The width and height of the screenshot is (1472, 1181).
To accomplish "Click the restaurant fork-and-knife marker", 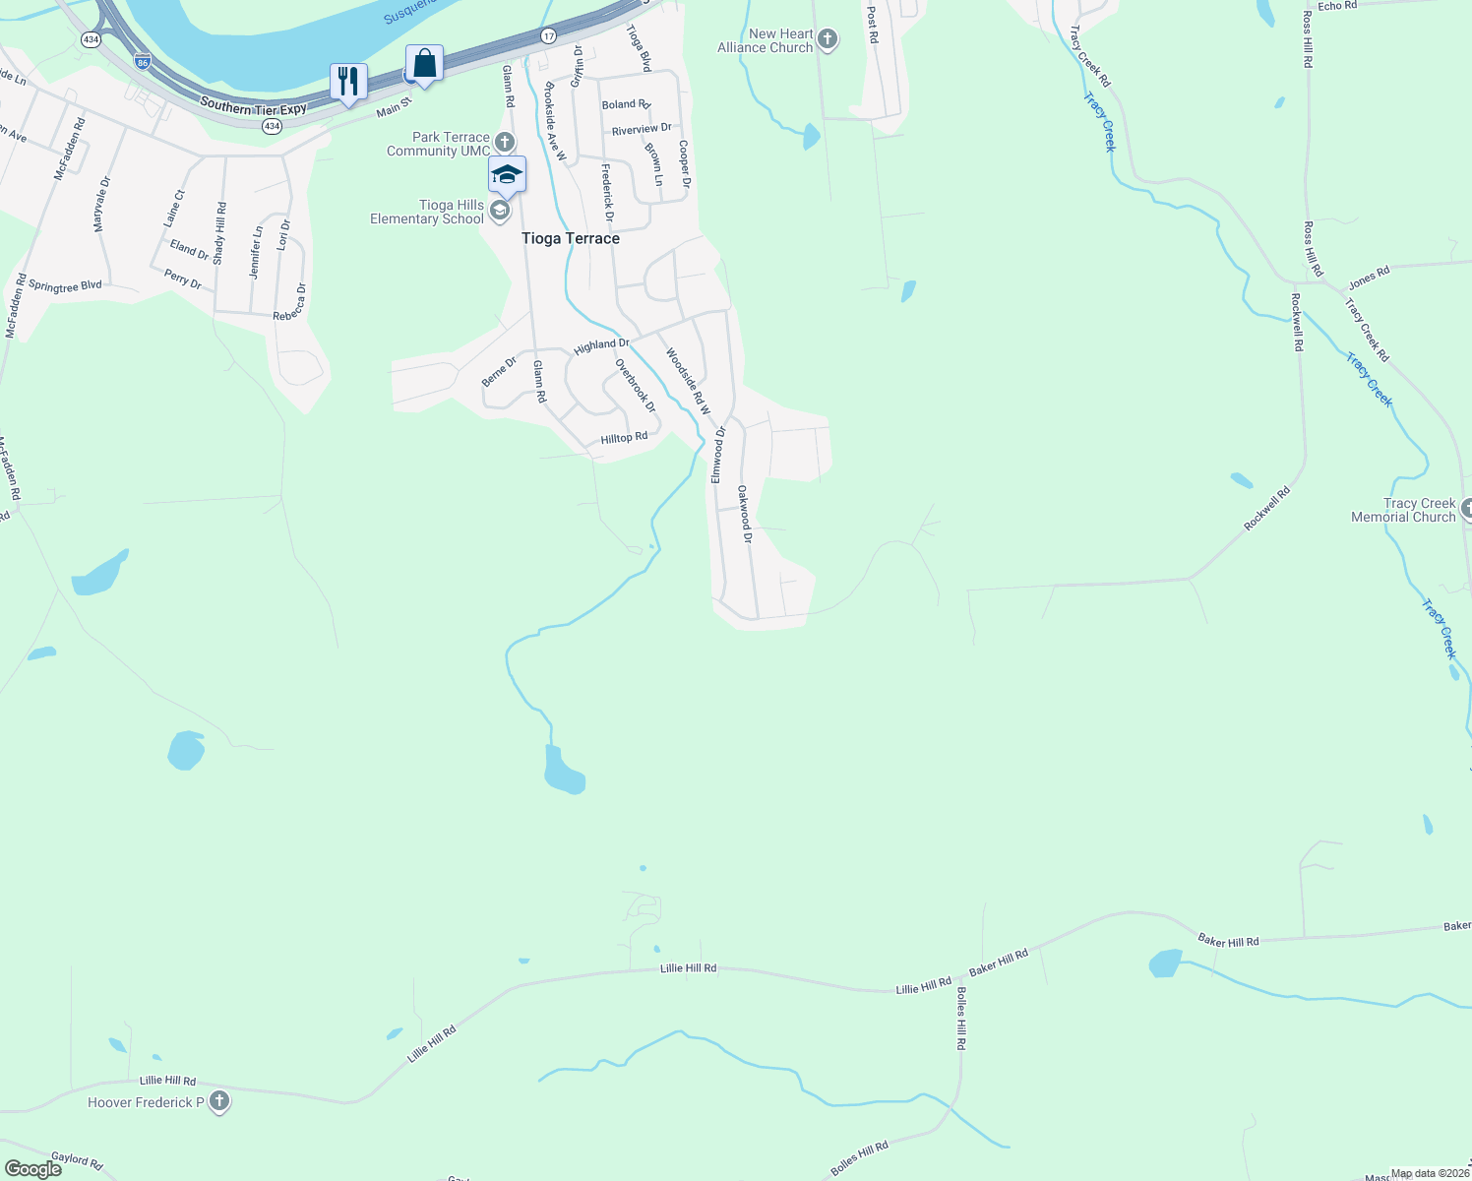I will coord(347,82).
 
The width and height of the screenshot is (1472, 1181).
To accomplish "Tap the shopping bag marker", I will coord(424,64).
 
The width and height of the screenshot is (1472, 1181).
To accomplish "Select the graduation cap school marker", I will coord(507,175).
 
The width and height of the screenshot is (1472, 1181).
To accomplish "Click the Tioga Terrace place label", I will coord(571,238).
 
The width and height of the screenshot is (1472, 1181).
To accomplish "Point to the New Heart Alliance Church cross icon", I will coord(828,40).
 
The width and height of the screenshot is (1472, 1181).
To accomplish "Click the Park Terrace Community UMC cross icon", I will coord(504,143).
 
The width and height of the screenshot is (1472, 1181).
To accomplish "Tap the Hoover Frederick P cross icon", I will coord(219,1102).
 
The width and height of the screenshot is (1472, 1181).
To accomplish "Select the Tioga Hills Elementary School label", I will coord(427,212).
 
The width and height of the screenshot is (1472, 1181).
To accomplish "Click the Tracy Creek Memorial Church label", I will coord(1404,510).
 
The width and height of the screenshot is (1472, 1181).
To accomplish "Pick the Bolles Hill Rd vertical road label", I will coord(961,1019).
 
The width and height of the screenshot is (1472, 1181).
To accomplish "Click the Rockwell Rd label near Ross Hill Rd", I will coord(1297,323).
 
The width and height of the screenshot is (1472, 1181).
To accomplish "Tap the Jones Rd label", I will coord(1369,276).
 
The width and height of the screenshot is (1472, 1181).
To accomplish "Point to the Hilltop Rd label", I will coord(624,438).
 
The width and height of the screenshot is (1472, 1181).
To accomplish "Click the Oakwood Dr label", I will coord(745,514).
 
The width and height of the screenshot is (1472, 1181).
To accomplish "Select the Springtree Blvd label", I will coord(65,286).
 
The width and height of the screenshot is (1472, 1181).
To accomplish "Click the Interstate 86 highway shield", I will coord(143,62).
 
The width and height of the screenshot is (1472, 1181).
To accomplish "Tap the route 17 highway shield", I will coord(548,36).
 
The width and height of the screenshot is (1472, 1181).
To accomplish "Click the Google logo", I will coord(33,1169).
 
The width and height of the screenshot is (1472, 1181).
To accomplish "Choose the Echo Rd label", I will coord(1337,6).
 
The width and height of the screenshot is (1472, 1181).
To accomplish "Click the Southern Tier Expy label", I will coord(253,106).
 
